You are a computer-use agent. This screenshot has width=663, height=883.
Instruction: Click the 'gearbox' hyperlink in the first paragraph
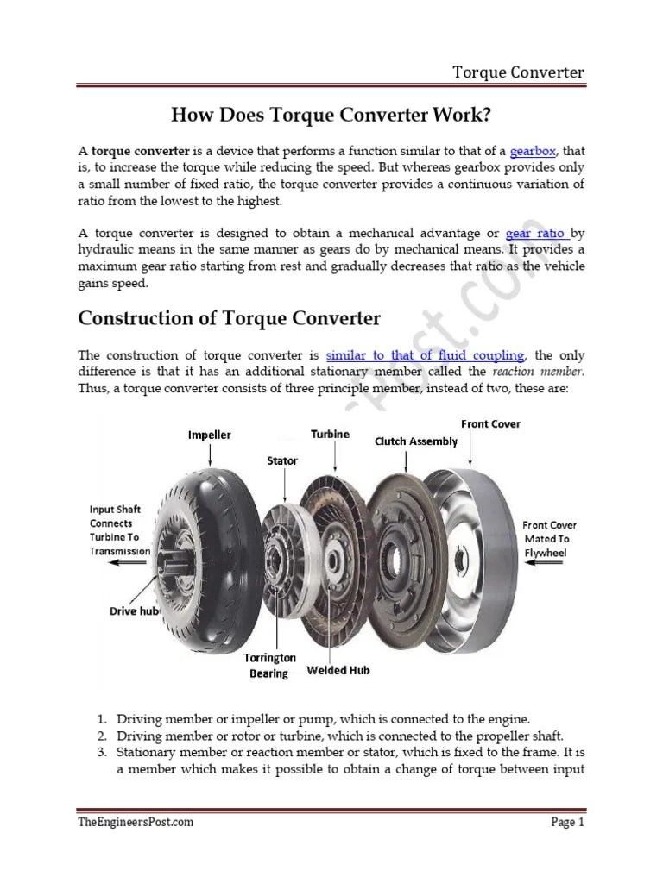(x=533, y=151)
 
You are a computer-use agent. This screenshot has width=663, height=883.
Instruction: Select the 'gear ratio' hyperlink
(x=536, y=234)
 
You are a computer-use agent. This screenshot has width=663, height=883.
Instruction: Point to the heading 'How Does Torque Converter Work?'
(x=331, y=114)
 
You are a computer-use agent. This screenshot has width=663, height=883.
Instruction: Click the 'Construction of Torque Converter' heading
(x=230, y=317)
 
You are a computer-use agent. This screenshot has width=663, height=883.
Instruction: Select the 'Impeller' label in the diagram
(x=210, y=435)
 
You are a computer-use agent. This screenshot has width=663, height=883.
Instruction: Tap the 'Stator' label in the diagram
(x=282, y=461)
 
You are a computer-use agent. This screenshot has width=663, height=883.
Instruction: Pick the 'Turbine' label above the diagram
(x=331, y=434)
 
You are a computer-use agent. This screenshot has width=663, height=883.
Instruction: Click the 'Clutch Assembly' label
(x=415, y=441)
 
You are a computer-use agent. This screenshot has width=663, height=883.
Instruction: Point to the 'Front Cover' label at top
(x=490, y=424)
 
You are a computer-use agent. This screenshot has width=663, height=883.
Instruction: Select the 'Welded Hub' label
(x=339, y=670)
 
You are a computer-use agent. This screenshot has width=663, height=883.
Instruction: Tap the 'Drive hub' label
(x=134, y=611)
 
